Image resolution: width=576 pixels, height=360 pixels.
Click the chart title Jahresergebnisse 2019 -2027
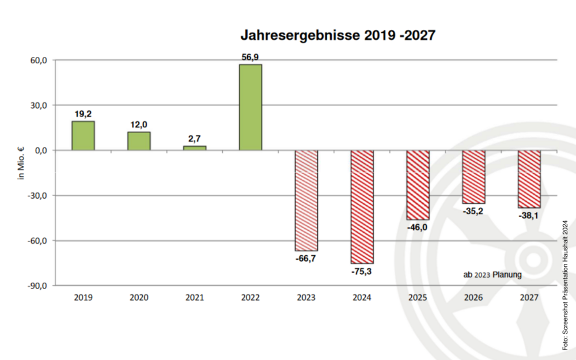click(338, 36)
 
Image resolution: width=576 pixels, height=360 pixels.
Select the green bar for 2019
click(83, 136)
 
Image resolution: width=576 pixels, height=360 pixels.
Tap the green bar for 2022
click(251, 107)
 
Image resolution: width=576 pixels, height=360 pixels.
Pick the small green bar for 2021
click(195, 148)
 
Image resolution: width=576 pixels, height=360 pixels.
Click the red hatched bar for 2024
click(362, 207)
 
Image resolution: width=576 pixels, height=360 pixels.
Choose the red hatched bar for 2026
click(473, 177)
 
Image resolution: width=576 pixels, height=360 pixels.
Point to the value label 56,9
click(251, 58)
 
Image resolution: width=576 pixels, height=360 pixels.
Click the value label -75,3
click(361, 271)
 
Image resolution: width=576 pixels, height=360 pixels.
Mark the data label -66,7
click(306, 259)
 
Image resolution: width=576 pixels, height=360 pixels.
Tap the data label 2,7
click(195, 139)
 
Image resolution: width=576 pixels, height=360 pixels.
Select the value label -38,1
click(529, 215)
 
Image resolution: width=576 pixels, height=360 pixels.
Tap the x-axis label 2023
click(306, 298)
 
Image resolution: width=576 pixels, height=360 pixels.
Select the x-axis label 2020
click(139, 298)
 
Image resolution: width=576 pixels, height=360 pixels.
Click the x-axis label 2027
click(529, 298)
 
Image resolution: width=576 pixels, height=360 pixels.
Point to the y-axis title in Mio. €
click(21, 162)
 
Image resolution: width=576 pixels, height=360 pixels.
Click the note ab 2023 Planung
click(492, 275)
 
